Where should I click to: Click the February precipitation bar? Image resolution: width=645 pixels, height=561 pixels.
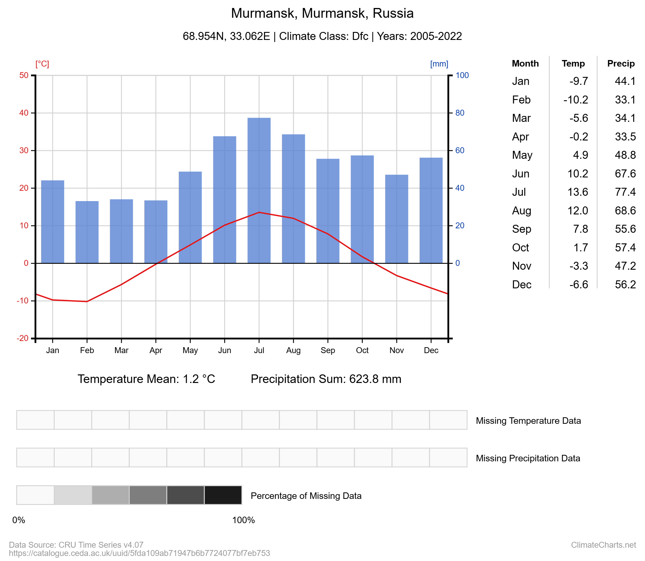87,232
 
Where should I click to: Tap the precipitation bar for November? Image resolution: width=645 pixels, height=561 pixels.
396,219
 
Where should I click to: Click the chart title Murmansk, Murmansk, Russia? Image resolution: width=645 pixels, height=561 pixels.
322,13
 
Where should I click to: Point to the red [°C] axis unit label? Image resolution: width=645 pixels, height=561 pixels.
42,64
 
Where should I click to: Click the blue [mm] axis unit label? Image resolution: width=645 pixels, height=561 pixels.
439,64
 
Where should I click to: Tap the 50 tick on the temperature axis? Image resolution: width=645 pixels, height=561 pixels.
24,75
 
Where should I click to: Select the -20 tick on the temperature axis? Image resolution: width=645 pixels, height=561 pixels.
22,338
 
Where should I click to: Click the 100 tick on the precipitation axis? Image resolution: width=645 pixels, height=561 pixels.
462,75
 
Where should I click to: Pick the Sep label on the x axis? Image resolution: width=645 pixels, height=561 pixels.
328,350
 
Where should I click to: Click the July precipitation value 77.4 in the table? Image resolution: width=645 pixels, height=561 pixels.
625,192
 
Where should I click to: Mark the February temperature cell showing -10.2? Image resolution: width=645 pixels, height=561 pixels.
576,100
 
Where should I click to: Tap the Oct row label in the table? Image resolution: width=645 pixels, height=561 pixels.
520,248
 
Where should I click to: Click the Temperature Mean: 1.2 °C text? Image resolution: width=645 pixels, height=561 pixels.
146,379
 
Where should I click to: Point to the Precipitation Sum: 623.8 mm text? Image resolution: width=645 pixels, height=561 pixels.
326,379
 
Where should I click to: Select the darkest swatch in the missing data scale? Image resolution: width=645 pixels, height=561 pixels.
223,495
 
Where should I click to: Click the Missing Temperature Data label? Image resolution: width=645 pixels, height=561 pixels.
528,421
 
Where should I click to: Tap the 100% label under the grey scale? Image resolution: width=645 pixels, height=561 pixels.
243,520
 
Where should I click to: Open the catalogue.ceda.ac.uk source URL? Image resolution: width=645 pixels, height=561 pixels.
139,553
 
